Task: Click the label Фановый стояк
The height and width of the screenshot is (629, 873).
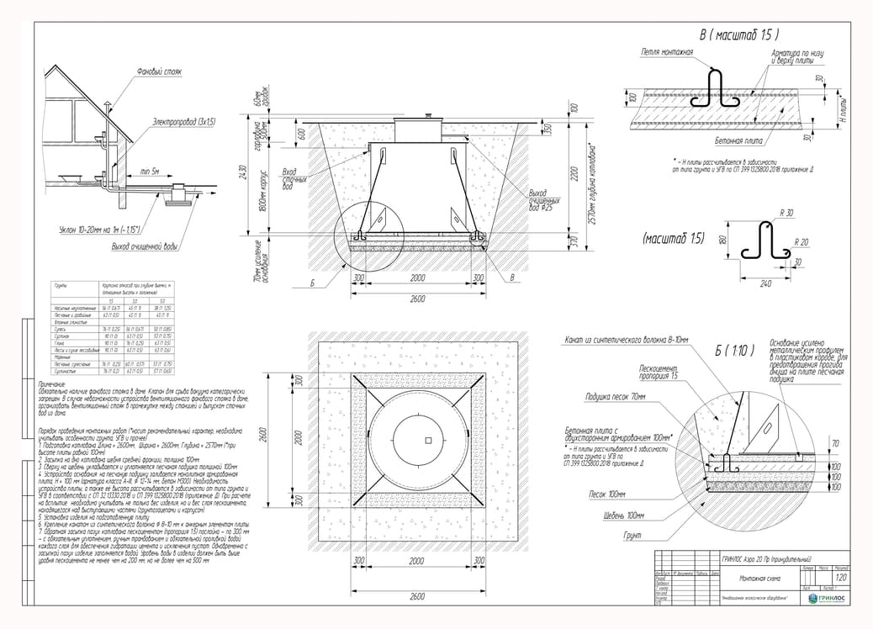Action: click(160, 72)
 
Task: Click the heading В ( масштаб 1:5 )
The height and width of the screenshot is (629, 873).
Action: click(739, 35)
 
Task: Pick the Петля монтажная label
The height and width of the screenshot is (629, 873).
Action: click(667, 53)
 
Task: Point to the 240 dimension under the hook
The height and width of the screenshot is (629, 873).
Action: click(766, 284)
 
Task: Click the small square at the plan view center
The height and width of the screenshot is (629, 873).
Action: click(428, 441)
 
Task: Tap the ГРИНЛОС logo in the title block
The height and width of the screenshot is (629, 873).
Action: click(828, 598)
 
